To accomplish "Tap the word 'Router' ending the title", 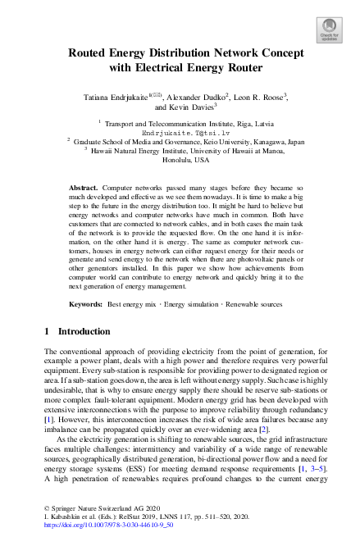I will [241, 67].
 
